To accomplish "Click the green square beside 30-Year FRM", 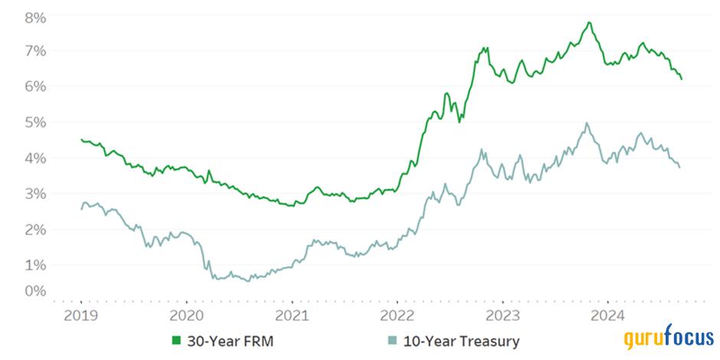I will pyautogui.click(x=176, y=341).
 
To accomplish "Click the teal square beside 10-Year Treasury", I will pyautogui.click(x=391, y=341).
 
